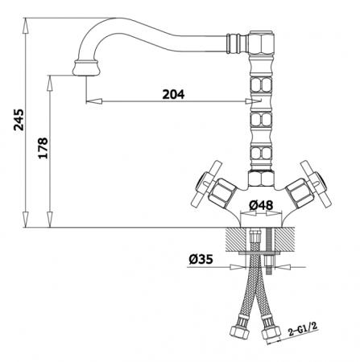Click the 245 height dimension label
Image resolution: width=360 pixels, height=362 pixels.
point(19,120)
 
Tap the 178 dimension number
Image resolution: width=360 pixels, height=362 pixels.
point(43,148)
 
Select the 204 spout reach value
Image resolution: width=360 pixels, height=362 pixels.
point(173,94)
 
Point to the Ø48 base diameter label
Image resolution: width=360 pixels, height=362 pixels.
point(261,205)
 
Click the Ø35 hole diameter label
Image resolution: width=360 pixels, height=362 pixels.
point(201,259)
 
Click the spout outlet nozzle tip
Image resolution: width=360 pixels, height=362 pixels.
point(85,68)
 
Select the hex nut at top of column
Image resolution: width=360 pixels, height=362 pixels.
point(262,43)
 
